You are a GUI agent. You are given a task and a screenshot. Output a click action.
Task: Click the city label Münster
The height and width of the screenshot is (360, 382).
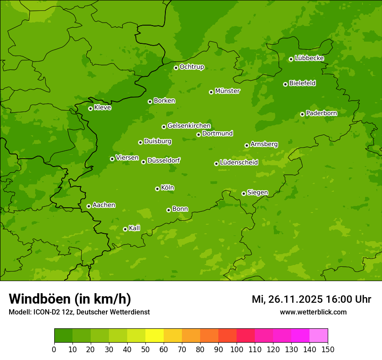click(x=227, y=91)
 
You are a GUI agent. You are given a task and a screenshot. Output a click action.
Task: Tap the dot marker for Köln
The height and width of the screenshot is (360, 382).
click(x=157, y=189)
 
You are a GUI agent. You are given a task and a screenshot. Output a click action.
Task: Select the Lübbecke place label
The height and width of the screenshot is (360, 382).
click(x=309, y=58)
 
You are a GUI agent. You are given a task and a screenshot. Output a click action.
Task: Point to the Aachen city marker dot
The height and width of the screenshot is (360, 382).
click(x=89, y=206)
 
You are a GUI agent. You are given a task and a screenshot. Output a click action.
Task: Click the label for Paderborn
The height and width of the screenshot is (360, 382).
click(x=321, y=113)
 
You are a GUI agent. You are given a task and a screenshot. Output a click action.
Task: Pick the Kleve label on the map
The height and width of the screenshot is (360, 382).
click(x=102, y=108)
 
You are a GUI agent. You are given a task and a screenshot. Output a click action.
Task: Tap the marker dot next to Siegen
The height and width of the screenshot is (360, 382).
click(x=244, y=193)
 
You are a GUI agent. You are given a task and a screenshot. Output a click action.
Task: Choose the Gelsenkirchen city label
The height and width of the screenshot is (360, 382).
click(x=189, y=126)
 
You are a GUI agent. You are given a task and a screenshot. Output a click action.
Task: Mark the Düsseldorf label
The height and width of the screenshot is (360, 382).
click(x=164, y=160)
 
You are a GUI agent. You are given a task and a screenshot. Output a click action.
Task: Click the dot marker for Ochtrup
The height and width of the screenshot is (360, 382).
click(x=176, y=68)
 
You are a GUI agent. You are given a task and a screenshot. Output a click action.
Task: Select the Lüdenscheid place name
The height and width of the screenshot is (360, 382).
click(x=239, y=163)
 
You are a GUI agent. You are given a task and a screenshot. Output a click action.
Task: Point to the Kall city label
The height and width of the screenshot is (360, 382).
click(x=134, y=228)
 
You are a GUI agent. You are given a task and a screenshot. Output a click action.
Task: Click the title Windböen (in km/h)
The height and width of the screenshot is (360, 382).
click(x=69, y=299)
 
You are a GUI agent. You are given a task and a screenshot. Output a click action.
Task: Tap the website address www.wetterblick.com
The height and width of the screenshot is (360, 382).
click(x=313, y=312)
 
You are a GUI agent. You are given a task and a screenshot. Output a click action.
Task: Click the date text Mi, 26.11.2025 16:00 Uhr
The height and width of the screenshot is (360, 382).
click(x=311, y=299)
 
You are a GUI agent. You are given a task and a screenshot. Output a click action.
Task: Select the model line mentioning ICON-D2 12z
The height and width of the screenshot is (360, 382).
click(x=79, y=312)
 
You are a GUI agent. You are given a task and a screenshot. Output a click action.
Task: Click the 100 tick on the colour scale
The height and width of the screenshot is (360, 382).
click(x=237, y=349)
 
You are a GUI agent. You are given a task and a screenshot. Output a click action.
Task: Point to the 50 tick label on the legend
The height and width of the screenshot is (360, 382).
click(x=145, y=349)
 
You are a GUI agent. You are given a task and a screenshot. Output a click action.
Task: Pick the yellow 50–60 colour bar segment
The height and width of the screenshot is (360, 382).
click(x=155, y=336)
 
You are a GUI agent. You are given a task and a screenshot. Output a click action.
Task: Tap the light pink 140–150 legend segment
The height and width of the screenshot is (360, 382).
click(x=319, y=336)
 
